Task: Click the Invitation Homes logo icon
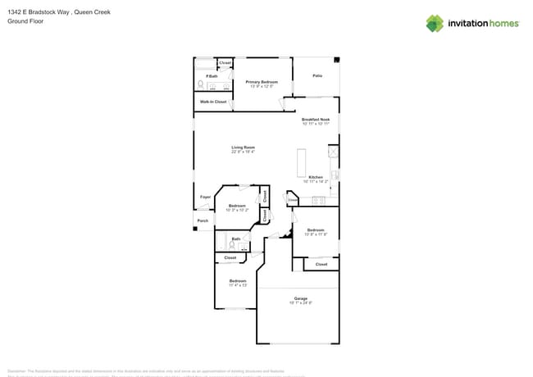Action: tap(435, 23)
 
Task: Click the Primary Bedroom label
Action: tap(262, 82)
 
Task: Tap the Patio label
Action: tap(317, 75)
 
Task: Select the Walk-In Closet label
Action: tap(213, 102)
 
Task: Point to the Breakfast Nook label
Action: tap(316, 120)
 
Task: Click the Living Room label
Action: tap(243, 148)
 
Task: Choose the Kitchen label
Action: tap(316, 177)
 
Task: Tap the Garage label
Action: tap(301, 298)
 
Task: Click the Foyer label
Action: tap(205, 197)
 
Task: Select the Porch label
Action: tap(203, 220)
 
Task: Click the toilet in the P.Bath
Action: tap(200, 84)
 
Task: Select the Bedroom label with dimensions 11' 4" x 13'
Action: tap(238, 281)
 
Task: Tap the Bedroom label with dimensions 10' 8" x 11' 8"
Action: tap(316, 230)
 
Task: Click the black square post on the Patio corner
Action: tap(337, 59)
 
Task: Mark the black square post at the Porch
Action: tap(195, 229)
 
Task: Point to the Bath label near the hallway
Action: tap(235, 239)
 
